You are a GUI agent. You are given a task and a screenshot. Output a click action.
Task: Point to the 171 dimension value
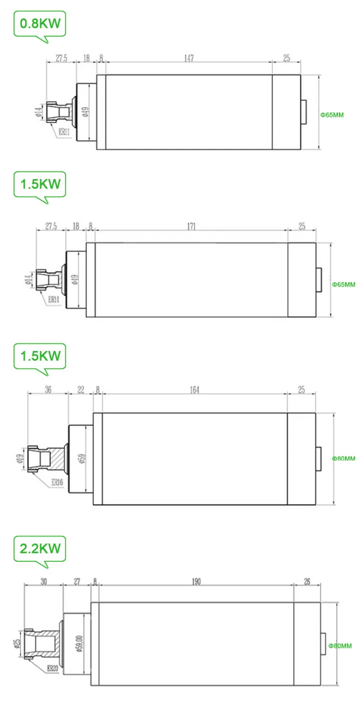(192, 227)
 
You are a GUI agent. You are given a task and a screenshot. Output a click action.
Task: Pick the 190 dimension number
(196, 582)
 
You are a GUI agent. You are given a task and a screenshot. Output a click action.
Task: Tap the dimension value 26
(307, 582)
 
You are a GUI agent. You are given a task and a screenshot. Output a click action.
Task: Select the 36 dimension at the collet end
(48, 389)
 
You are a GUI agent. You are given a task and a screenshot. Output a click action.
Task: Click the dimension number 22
(81, 389)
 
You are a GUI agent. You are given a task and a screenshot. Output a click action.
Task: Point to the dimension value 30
(44, 582)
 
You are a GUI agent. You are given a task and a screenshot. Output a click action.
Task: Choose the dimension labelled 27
(77, 582)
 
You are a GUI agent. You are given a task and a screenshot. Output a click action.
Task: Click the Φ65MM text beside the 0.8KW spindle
(332, 115)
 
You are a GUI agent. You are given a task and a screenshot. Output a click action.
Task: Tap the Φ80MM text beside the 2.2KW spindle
(340, 646)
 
